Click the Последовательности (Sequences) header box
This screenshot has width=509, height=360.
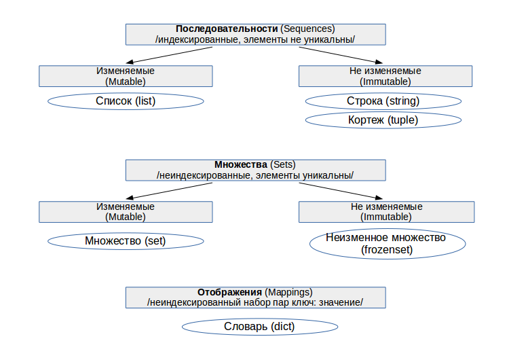(255, 34)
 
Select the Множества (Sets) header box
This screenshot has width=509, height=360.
(255, 170)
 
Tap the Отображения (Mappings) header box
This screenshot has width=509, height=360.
(255, 297)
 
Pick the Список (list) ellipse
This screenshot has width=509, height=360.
(126, 101)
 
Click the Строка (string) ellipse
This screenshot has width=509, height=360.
(383, 101)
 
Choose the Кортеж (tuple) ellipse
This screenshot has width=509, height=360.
(383, 120)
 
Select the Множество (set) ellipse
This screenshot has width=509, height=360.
(126, 240)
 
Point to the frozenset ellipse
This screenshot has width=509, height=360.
(387, 244)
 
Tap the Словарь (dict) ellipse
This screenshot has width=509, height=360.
(260, 327)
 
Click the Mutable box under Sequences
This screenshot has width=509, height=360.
(126, 75)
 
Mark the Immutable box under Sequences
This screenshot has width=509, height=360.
(385, 75)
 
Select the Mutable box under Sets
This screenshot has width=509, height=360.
(126, 211)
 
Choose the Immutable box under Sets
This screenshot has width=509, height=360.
(385, 211)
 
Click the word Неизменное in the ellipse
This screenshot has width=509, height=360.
(357, 238)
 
